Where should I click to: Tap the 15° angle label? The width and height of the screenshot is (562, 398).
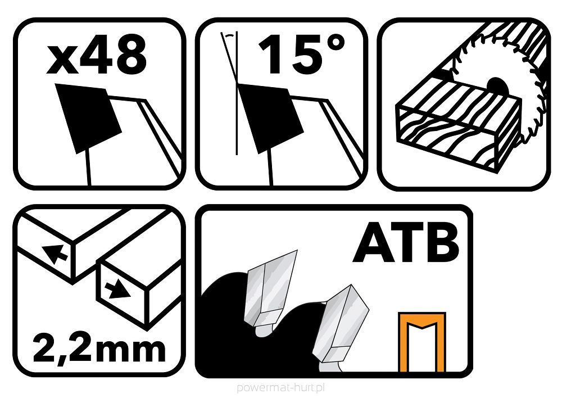click(301, 53)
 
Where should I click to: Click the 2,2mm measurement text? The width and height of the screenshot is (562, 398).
click(99, 347)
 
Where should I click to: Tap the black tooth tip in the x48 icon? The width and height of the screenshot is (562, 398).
click(89, 117)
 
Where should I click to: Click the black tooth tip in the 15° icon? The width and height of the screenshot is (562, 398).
click(271, 117)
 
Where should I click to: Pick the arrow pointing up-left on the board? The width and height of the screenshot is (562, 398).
click(55, 253)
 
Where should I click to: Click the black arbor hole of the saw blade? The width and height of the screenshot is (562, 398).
click(497, 87)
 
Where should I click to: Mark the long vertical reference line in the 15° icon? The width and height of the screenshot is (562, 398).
click(237, 93)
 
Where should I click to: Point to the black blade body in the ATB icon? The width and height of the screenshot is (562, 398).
click(229, 341)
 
